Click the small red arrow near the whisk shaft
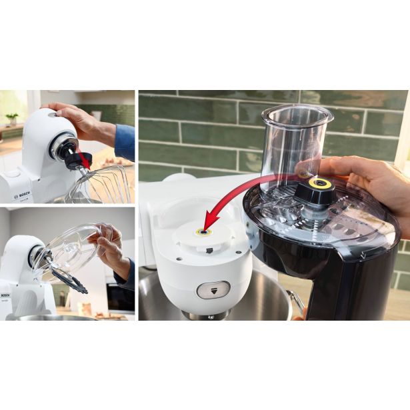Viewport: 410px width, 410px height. click(x=83, y=159)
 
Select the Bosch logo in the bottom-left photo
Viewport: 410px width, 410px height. click(x=6, y=295)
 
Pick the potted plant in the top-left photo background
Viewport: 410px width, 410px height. click(x=12, y=118)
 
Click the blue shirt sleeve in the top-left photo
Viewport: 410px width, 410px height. click(x=125, y=142)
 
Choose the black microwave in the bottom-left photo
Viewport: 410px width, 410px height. click(x=121, y=296)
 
